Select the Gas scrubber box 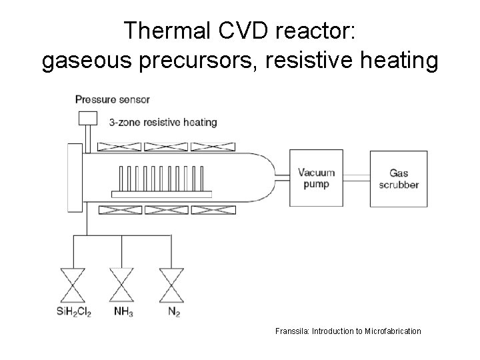[x=399, y=179]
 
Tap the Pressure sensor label [x=113, y=99]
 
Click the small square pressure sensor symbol [x=88, y=119]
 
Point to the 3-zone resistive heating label [x=163, y=122]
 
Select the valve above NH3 [x=122, y=285]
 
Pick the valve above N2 [x=171, y=285]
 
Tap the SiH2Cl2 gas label [x=73, y=312]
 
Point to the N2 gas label [x=173, y=312]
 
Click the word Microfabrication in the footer [x=393, y=331]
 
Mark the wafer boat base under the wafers [x=161, y=194]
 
